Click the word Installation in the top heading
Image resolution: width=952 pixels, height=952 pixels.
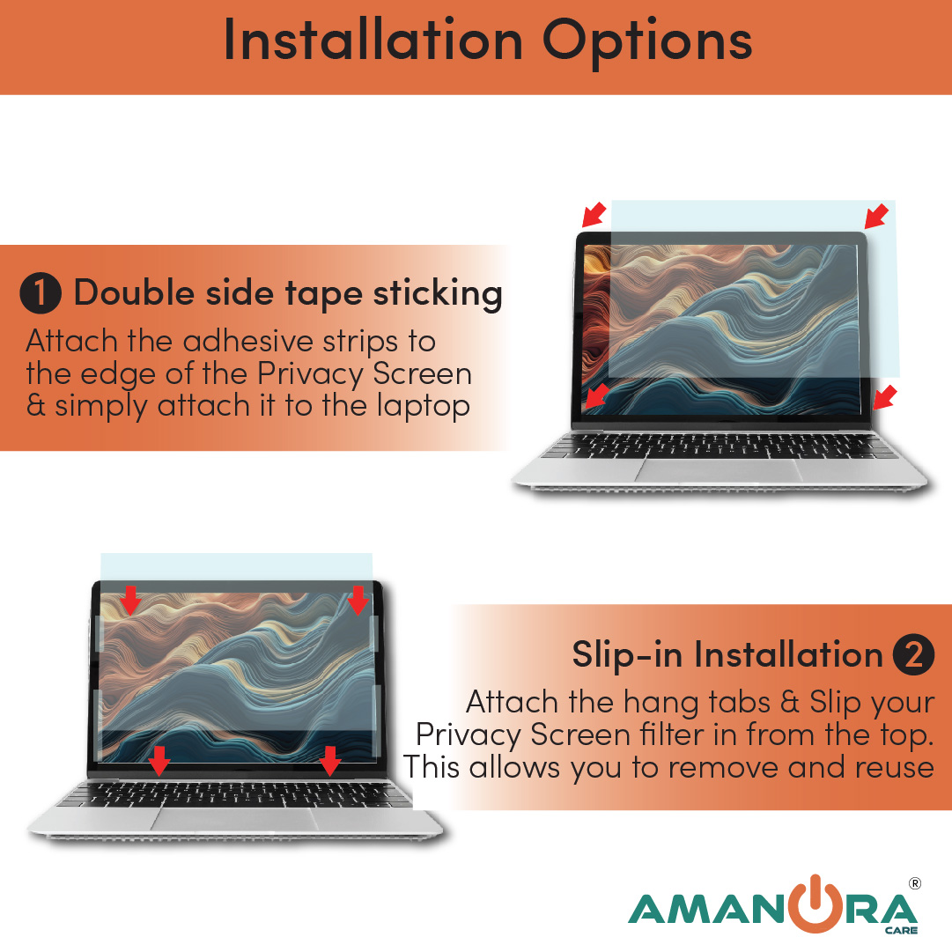373,41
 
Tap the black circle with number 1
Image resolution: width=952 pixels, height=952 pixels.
41,292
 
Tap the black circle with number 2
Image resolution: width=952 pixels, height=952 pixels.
913,654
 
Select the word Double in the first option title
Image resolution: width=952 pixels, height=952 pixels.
134,292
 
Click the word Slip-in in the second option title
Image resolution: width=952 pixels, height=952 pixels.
627,655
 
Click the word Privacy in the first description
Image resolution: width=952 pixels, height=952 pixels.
310,375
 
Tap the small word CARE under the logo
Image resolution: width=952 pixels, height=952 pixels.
901,930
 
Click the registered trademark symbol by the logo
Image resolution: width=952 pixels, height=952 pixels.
915,883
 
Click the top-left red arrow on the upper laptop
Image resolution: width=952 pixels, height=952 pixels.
594,214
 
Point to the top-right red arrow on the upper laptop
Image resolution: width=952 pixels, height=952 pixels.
877,217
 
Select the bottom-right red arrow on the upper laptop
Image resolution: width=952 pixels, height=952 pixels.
884,398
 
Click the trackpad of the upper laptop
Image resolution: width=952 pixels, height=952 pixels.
720,471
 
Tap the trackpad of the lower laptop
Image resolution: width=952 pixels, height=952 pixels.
236,820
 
